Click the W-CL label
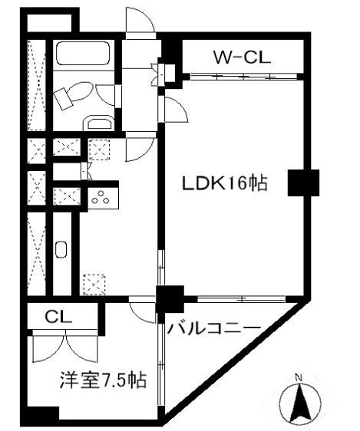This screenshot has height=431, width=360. point(243,58)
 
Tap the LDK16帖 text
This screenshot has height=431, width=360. point(224,183)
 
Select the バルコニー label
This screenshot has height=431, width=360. point(214,328)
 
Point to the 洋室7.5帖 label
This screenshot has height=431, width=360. point(103,380)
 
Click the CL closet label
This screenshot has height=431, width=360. point(58,317)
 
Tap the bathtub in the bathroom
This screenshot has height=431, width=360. point(83,54)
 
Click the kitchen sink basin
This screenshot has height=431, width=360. point(61,249)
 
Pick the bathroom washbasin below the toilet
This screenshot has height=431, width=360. point(99,123)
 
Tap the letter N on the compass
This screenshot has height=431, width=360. point(299,377)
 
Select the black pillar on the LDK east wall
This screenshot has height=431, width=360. point(303,183)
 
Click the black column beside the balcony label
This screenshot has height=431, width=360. point(170,299)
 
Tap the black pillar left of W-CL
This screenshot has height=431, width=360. point(173,50)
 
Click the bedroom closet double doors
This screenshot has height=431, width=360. point(65,346)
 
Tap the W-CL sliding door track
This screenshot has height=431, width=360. point(243,77)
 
